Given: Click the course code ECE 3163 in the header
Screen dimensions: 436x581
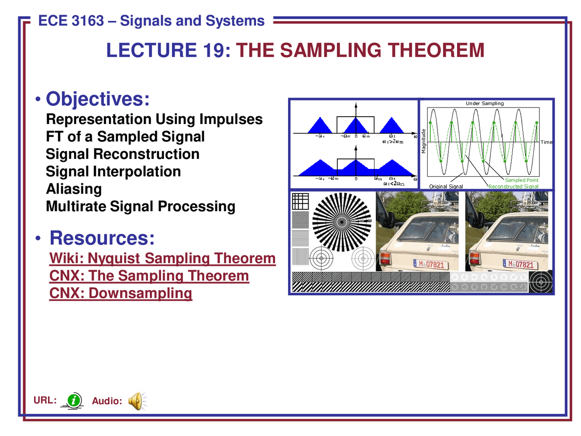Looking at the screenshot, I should (x=71, y=21).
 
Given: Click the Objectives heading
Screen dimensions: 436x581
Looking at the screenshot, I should (x=98, y=99).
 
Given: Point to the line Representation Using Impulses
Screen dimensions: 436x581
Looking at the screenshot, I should (x=154, y=119).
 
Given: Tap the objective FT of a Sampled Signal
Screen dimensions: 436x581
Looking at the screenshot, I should (x=125, y=137).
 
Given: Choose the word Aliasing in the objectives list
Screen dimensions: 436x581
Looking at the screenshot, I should (x=74, y=189).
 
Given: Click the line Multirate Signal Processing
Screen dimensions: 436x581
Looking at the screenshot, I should (x=141, y=206).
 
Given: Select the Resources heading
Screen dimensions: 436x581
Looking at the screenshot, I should (x=102, y=238).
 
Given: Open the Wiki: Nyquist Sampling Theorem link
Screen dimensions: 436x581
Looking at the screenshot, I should (x=162, y=258).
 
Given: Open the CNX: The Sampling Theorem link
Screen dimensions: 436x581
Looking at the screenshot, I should (x=149, y=276).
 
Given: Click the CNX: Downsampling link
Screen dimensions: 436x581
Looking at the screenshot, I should (x=121, y=293).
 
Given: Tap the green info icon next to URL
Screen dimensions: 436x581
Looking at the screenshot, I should (x=73, y=401).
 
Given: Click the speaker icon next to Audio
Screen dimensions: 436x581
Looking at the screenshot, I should (x=136, y=401).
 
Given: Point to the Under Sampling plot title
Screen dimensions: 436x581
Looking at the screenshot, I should (x=484, y=104).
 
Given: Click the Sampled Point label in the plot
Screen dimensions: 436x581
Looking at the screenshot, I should (x=522, y=180).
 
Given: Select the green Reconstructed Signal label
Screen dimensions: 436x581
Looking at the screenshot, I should (x=513, y=186).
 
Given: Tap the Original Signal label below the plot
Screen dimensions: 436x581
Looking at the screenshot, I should (x=446, y=186).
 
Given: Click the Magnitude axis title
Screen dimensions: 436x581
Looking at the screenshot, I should (x=423, y=141).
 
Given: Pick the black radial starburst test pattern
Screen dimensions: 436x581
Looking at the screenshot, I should (x=342, y=222).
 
